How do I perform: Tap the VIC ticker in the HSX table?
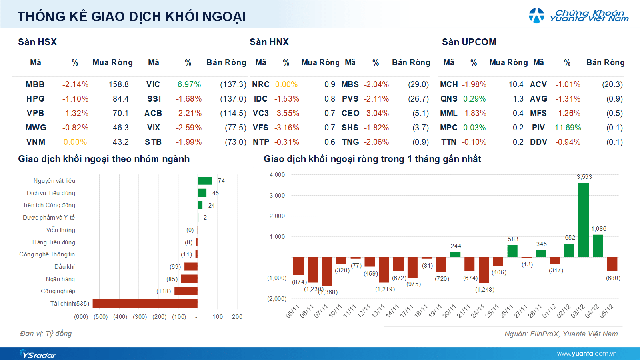(153, 83)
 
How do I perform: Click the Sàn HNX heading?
(268, 42)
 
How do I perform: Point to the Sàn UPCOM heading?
(469, 42)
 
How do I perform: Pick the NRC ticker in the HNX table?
(261, 83)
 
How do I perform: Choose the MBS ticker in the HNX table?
(350, 83)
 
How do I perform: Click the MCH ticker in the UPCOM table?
(448, 83)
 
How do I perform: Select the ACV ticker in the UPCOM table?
(537, 83)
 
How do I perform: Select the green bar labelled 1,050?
(599, 244)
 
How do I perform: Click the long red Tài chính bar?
(140, 303)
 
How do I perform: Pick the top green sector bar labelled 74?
(204, 180)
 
